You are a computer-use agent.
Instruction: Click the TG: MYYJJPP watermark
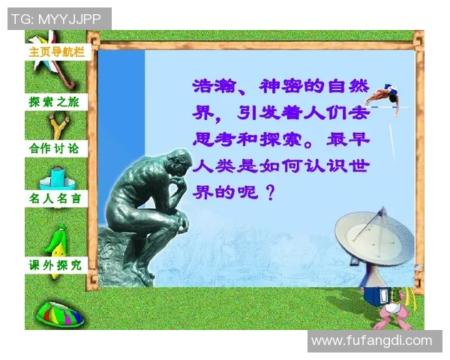click(x=59, y=18)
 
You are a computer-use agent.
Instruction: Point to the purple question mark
click(x=271, y=191)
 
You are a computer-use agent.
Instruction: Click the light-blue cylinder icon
click(x=57, y=178)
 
